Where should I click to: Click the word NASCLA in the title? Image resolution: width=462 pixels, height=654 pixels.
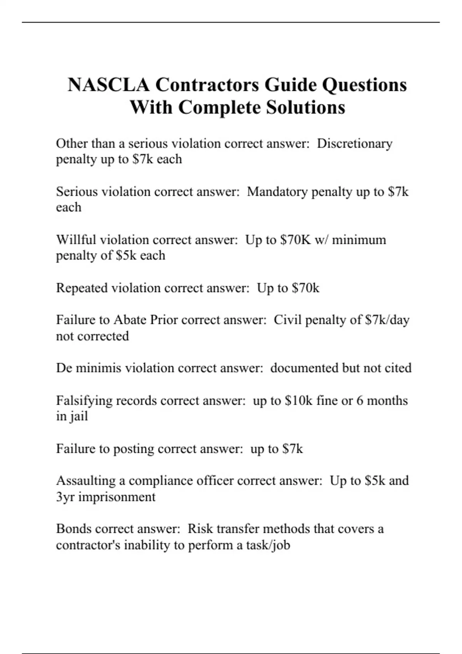click(109, 85)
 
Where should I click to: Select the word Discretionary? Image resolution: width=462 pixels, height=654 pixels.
click(355, 143)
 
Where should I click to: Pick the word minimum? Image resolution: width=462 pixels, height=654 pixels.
click(359, 240)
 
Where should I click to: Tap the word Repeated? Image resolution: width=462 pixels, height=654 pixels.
click(82, 288)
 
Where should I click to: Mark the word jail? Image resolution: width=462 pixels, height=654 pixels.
click(78, 416)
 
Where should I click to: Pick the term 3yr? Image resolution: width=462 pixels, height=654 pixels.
click(65, 497)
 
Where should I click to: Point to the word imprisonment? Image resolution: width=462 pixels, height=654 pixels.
click(117, 497)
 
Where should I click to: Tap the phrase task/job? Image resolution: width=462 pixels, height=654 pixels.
click(268, 545)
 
